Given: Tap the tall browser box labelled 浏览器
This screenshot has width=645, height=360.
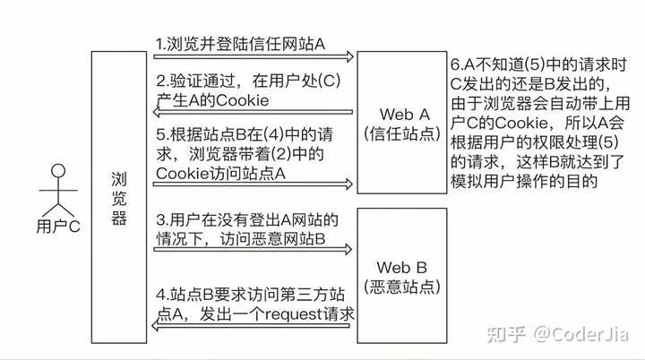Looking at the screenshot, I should point(119,197).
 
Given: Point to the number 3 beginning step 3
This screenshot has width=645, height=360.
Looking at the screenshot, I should point(159,219).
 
